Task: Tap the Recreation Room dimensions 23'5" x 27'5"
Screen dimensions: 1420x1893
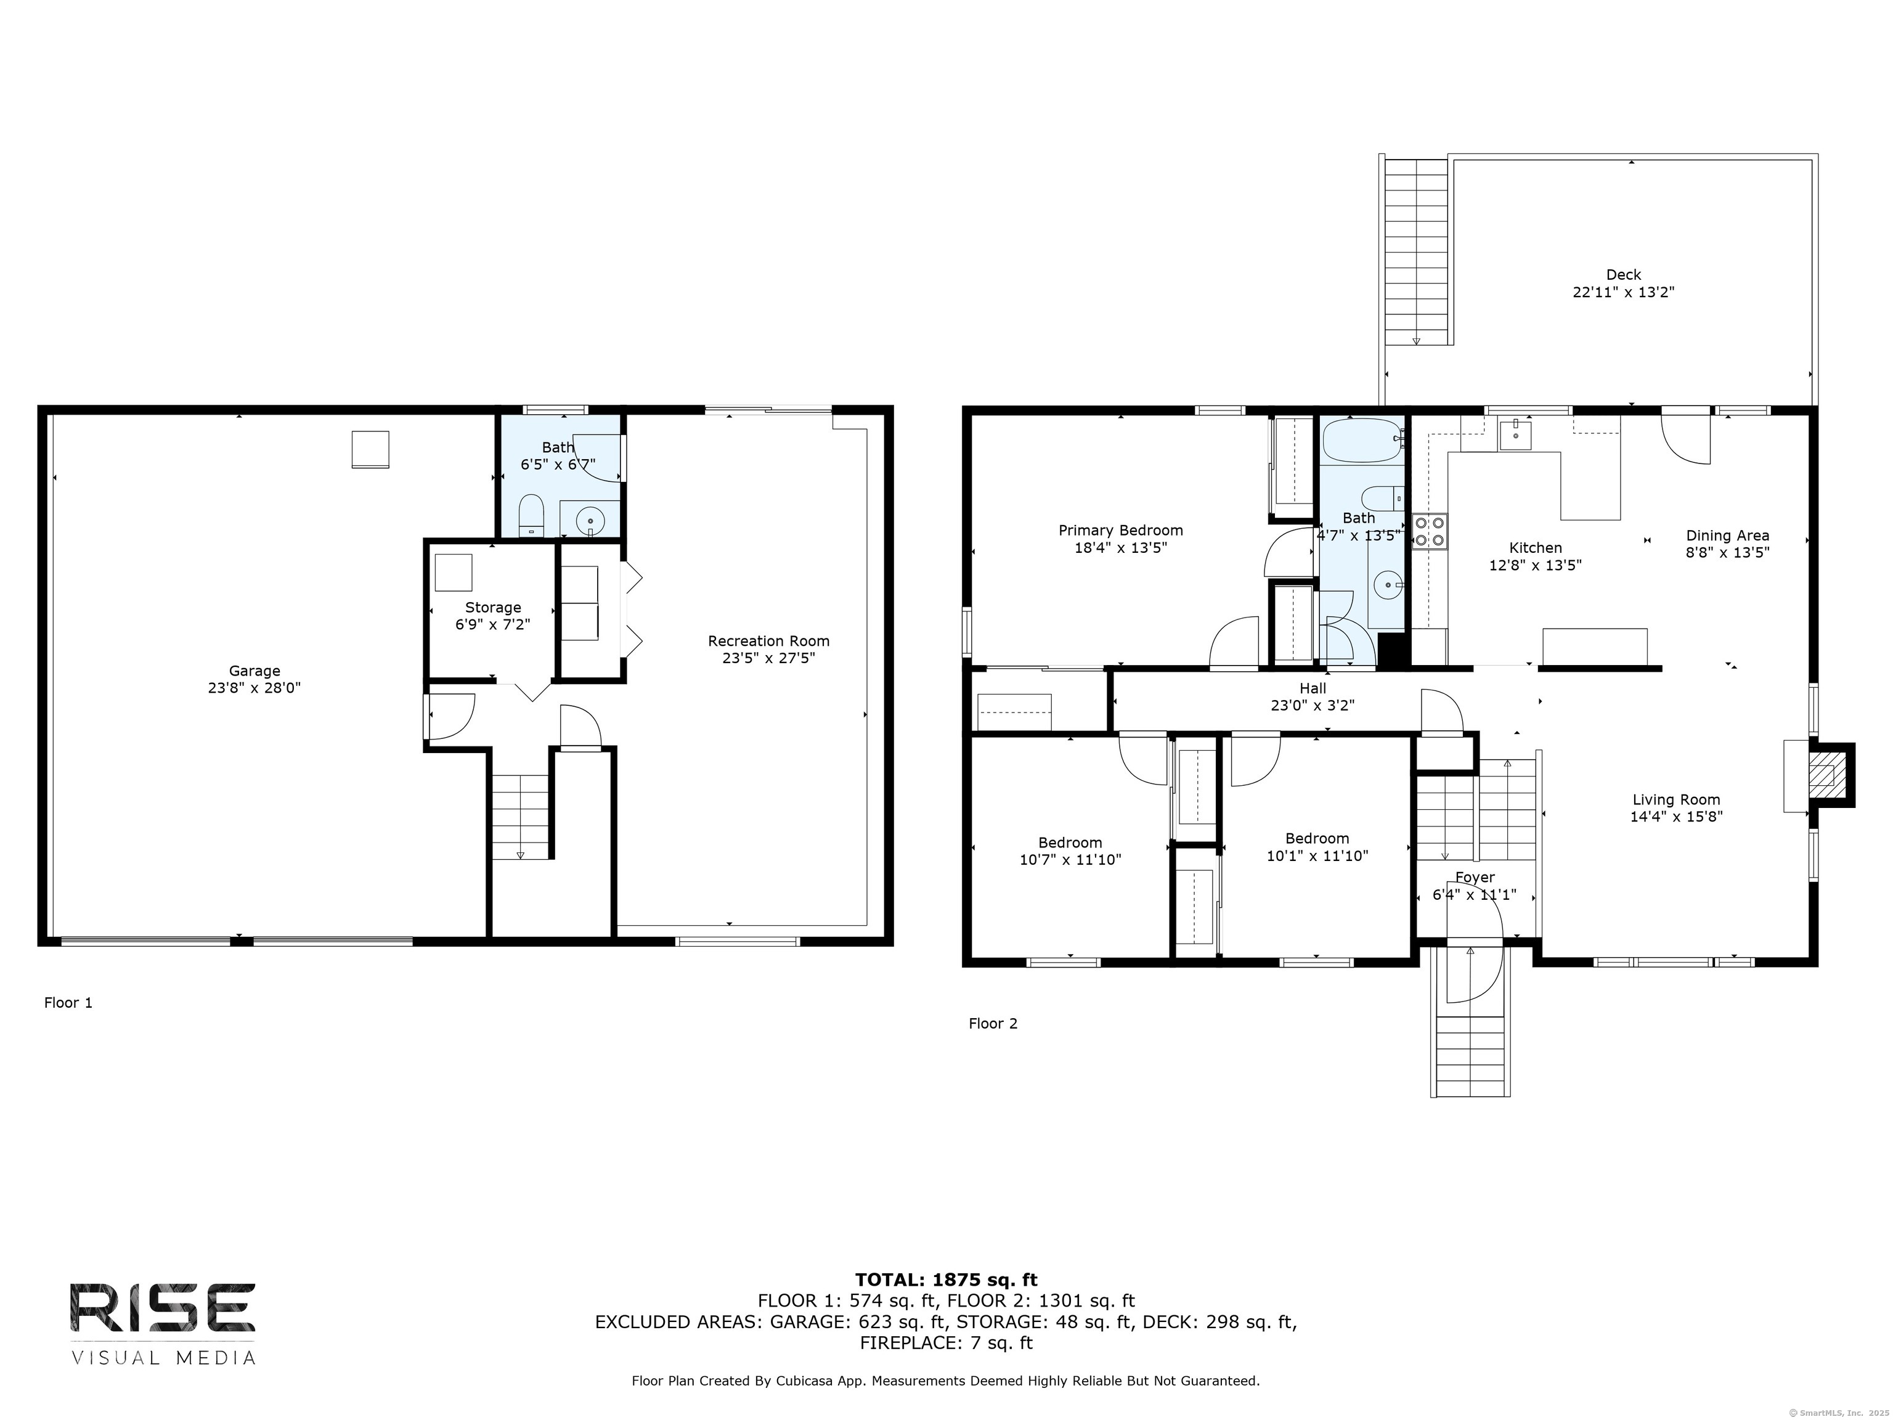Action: click(x=768, y=658)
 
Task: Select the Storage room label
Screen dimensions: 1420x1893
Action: click(x=493, y=608)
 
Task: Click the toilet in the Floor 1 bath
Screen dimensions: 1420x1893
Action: click(x=531, y=513)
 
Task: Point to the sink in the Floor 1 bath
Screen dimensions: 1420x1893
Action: click(x=590, y=520)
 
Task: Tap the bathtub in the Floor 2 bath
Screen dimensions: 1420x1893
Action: click(x=1362, y=440)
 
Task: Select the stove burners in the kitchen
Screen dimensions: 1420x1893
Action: click(x=1429, y=530)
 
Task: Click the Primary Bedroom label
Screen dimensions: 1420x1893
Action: click(x=1120, y=531)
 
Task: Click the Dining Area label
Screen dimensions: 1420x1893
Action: click(x=1727, y=536)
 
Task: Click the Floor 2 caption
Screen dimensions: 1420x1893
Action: click(x=993, y=1024)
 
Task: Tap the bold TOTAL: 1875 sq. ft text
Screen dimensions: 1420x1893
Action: click(x=946, y=1279)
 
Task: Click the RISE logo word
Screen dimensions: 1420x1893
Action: click(x=163, y=1308)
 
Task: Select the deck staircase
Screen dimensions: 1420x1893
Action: click(x=1416, y=253)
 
